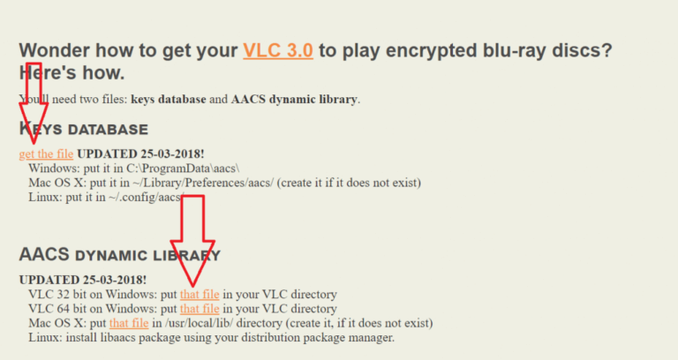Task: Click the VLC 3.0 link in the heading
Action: tap(278, 50)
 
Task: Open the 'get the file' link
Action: tap(46, 154)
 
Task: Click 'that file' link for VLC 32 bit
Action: tap(200, 295)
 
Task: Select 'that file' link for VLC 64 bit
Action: tap(200, 309)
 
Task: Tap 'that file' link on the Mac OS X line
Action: tap(129, 323)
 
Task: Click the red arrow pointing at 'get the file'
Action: tap(34, 103)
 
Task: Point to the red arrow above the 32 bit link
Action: tap(192, 241)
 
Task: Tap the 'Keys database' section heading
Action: tap(84, 129)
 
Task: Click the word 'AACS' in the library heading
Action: tap(44, 254)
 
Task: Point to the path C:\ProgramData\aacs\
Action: tap(183, 169)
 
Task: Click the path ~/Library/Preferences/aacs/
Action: tap(203, 183)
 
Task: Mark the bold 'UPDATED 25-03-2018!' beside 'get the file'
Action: tap(140, 154)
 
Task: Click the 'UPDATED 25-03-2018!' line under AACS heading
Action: tap(83, 280)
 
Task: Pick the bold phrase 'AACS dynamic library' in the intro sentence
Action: tap(294, 100)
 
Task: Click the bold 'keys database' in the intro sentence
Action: tap(169, 100)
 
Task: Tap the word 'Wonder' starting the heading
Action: tap(54, 50)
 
